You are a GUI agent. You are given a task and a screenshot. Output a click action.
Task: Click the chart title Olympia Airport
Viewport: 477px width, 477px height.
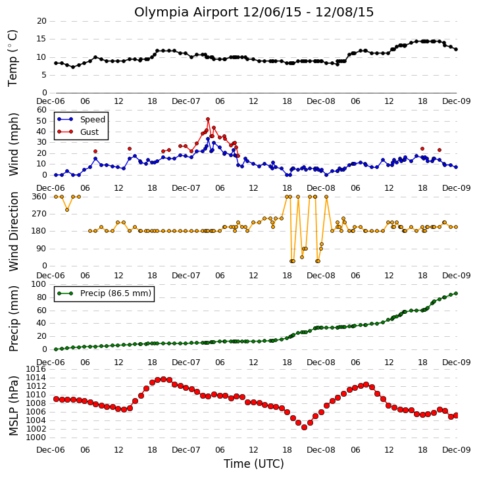186,13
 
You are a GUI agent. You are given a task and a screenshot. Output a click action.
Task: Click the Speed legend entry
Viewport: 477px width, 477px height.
81,120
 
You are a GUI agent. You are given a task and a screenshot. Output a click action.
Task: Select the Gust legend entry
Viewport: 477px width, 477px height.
78,132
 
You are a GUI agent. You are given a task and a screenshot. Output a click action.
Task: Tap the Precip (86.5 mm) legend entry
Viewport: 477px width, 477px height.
105,293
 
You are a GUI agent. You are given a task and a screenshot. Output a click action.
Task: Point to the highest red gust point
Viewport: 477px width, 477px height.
208,119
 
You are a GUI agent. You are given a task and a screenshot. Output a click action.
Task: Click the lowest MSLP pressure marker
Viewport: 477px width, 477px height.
304,428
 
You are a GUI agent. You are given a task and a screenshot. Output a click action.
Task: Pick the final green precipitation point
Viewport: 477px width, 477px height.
456,293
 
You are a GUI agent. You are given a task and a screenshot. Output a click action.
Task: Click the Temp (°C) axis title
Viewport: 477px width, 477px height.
13,58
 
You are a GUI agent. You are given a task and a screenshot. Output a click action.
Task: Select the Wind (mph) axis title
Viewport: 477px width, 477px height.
13,144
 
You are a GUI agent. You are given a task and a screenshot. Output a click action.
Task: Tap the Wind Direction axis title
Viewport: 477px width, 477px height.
13,231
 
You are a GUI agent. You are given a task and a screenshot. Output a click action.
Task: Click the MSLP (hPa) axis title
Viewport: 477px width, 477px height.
13,406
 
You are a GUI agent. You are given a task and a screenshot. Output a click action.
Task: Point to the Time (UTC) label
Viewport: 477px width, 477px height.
254,464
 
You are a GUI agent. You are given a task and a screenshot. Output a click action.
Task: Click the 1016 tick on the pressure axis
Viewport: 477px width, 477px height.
36,369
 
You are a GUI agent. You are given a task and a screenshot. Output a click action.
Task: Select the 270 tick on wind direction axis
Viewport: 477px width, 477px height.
39,214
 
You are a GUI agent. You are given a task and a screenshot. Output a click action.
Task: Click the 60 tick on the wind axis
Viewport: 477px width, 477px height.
41,110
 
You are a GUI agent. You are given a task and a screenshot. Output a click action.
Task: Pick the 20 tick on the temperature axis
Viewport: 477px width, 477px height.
41,21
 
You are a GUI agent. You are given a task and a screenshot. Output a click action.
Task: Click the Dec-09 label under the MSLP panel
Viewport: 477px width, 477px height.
456,449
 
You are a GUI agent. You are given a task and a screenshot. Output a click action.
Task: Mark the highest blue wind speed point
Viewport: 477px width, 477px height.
208,139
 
